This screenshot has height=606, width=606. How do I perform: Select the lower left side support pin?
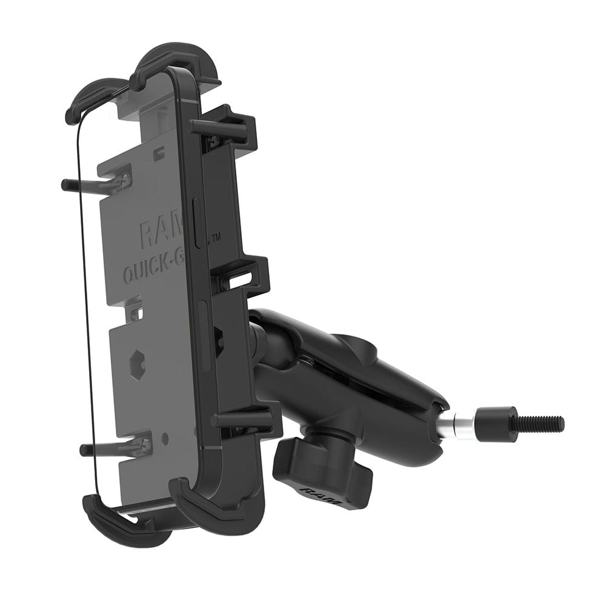pos(109,449)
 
